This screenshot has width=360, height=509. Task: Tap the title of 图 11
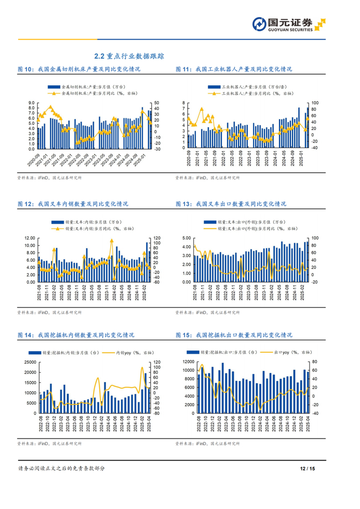[x=233, y=69]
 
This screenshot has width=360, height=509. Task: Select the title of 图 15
[x=233, y=335]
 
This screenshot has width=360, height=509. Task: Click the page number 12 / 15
[x=307, y=468]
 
